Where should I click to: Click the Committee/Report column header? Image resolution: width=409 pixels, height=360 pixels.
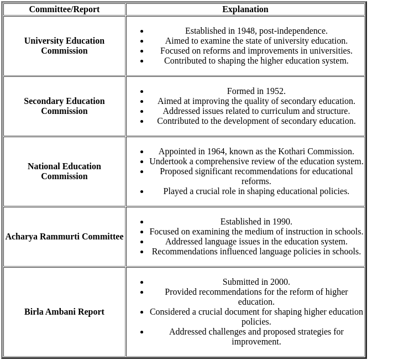click(x=64, y=9)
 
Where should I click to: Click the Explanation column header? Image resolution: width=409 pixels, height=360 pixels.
click(x=245, y=9)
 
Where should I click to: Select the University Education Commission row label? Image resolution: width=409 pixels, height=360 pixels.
click(x=64, y=46)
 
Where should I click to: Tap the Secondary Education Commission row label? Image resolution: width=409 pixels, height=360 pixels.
click(x=64, y=106)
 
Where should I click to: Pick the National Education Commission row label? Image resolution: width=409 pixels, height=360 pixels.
click(x=64, y=171)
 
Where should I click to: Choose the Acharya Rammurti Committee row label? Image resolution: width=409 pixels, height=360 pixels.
click(x=64, y=237)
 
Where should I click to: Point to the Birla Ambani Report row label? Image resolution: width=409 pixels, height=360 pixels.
click(x=64, y=312)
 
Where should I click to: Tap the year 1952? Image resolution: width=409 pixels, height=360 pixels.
click(x=275, y=91)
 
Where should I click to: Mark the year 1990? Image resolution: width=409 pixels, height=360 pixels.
click(x=281, y=222)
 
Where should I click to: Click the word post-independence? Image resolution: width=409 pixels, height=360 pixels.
click(x=300, y=31)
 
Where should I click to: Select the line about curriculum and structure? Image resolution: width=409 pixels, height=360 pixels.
click(x=256, y=111)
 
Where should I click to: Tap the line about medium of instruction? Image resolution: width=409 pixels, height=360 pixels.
click(x=256, y=232)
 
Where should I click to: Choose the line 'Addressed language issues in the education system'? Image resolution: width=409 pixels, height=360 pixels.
click(x=256, y=242)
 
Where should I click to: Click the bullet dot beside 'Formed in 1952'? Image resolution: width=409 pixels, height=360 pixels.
click(x=142, y=92)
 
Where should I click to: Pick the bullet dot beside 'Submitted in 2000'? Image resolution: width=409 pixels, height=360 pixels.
click(x=142, y=283)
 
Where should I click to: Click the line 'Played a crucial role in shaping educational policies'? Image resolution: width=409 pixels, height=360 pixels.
click(x=256, y=191)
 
